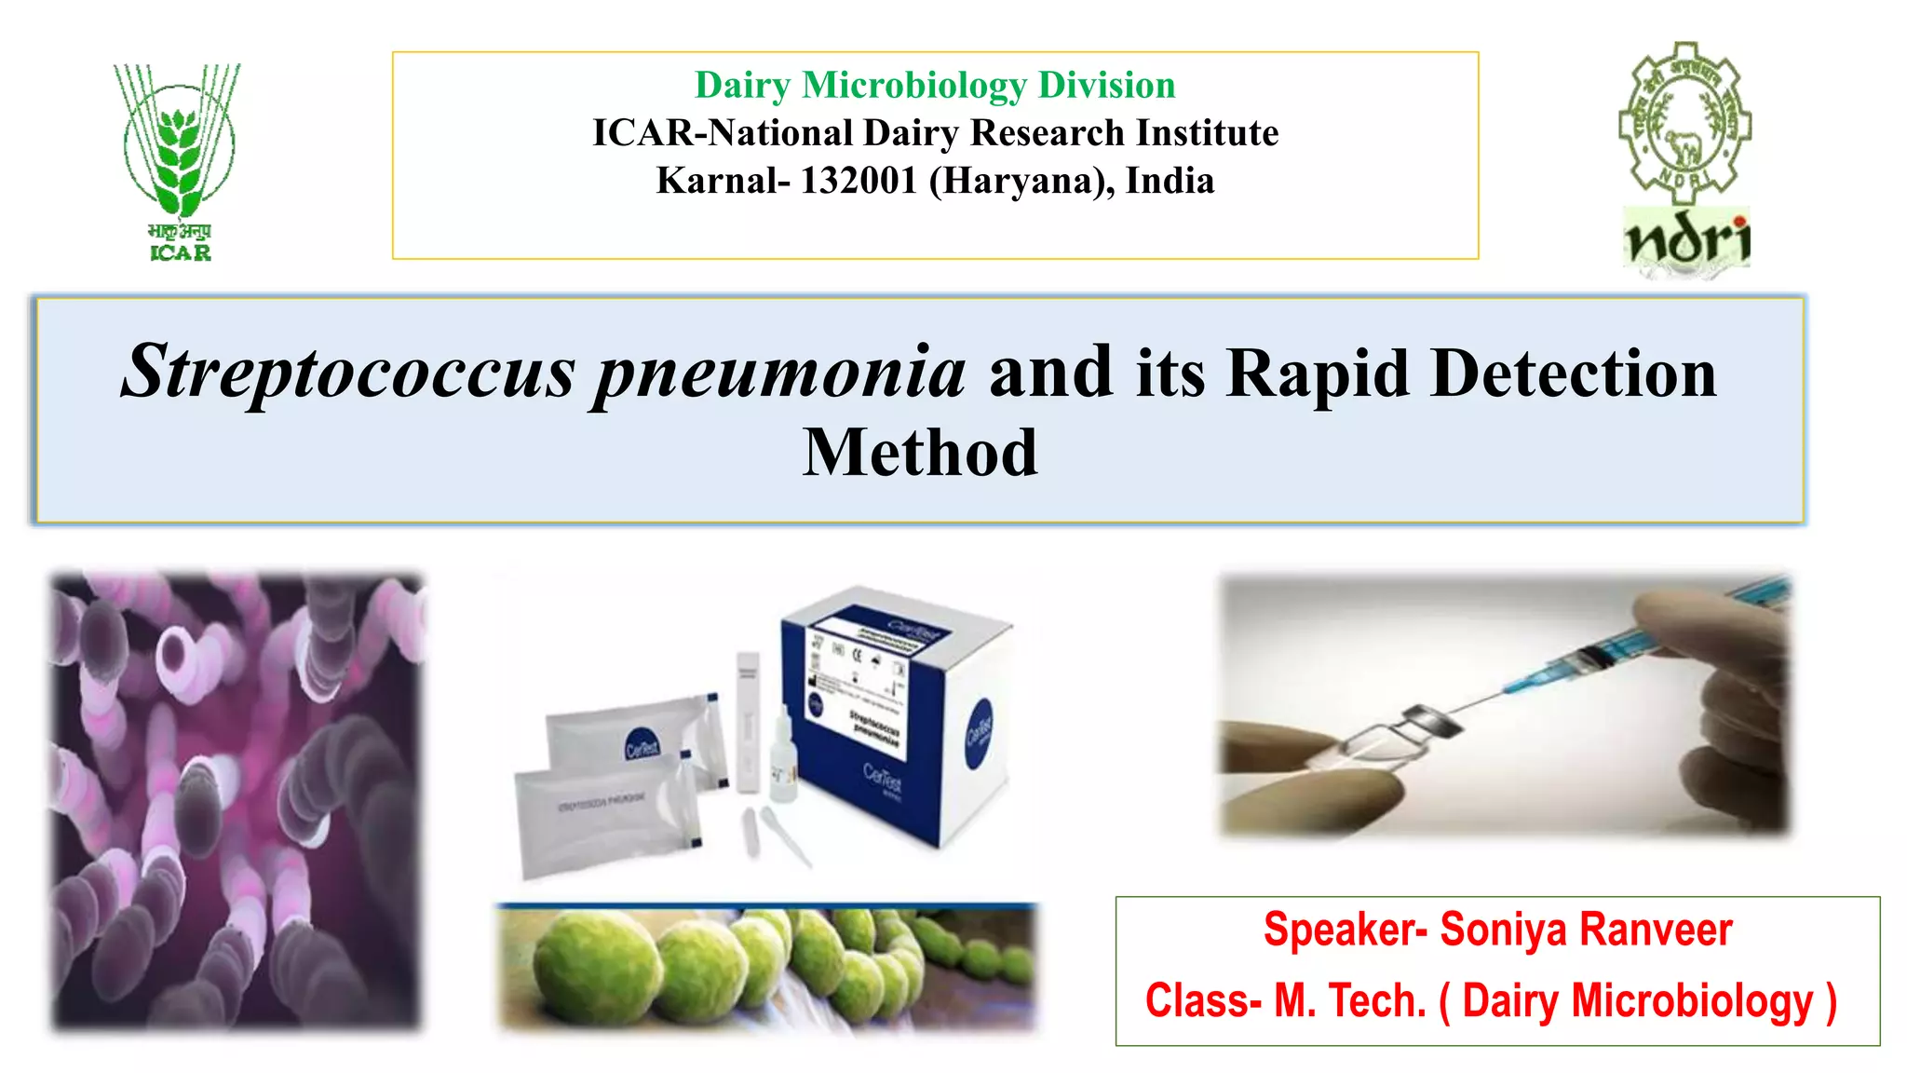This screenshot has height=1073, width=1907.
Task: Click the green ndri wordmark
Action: pyautogui.click(x=1687, y=239)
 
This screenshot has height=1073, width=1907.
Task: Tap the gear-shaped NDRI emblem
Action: pyautogui.click(x=1684, y=121)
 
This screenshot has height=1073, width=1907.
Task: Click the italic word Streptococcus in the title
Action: pyautogui.click(x=348, y=373)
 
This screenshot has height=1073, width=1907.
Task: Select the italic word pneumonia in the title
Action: pyautogui.click(x=780, y=373)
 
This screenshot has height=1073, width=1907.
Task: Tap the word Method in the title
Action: pyautogui.click(x=920, y=453)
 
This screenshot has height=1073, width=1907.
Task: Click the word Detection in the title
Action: pyautogui.click(x=1574, y=373)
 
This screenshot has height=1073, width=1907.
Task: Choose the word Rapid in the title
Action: pyautogui.click(x=1317, y=373)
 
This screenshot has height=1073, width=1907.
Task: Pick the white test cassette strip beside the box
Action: pyautogui.click(x=748, y=722)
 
